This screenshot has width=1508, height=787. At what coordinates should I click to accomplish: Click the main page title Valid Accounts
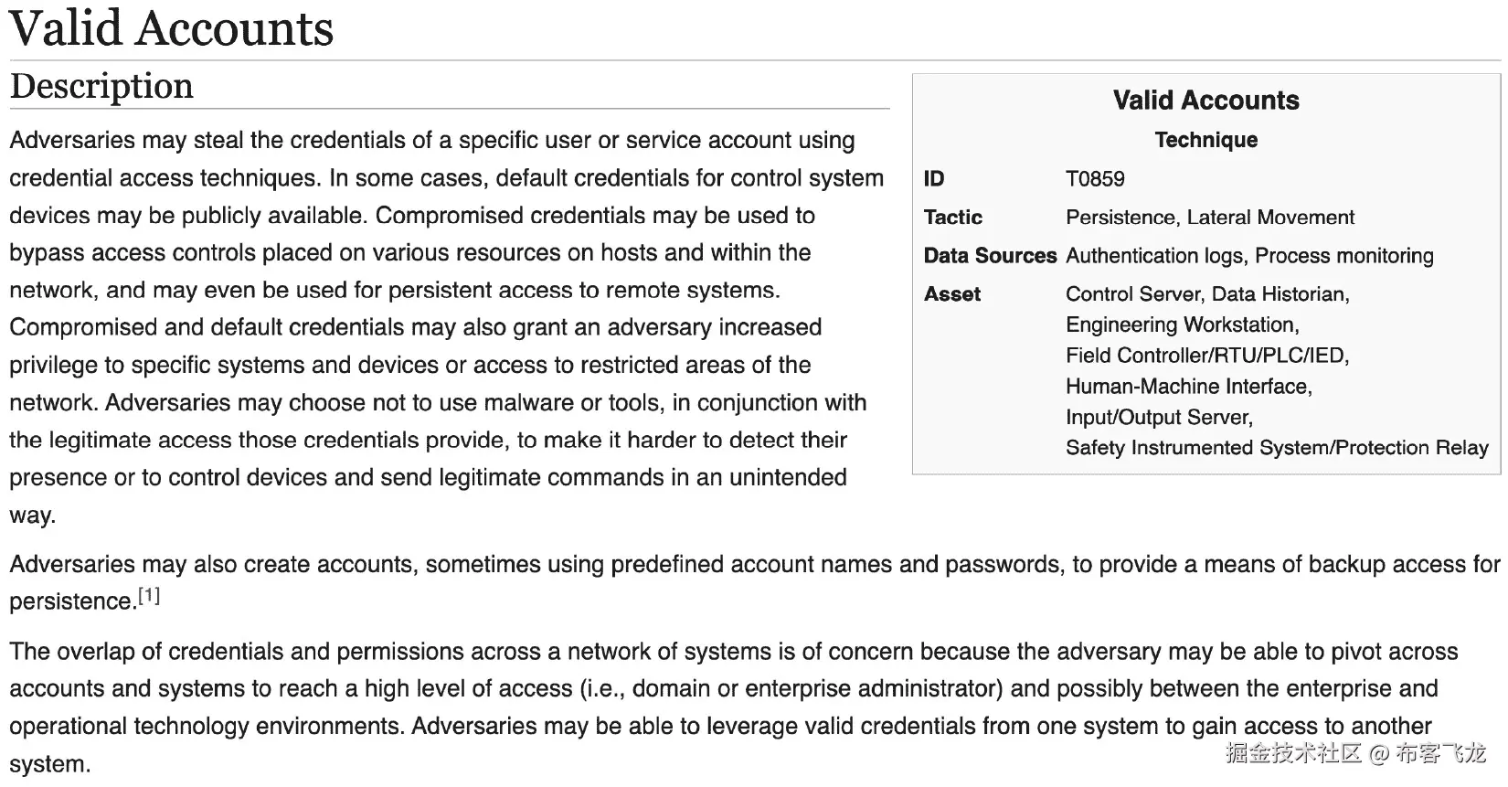coord(171,27)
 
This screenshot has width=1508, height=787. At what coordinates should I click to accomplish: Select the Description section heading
coord(101,86)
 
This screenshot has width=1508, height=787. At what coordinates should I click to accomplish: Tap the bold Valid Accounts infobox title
coord(1205,101)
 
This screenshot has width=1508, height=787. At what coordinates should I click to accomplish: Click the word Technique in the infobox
coord(1205,140)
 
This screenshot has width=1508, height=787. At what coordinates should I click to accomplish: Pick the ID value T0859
coord(1095,179)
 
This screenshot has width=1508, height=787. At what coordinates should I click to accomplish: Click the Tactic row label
coord(952,218)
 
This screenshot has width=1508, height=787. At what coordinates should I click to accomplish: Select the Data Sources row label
coord(990,256)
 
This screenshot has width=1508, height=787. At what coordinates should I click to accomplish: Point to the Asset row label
coord(951,294)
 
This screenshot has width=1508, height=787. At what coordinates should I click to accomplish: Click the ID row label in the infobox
coord(934,179)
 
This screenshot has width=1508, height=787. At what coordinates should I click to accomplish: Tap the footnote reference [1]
coord(149,596)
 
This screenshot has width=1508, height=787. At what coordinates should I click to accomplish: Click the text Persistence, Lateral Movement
coord(1210,218)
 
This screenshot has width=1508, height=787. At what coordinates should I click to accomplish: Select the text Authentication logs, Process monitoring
coord(1249,256)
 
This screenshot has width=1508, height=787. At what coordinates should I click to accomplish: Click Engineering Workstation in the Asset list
coord(1182,325)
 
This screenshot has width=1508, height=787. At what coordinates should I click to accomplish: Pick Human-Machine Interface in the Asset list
coord(1188,387)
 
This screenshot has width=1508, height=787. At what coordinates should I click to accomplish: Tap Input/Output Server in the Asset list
coord(1159,418)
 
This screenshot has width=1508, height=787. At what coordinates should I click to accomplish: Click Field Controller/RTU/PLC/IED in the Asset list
coord(1206,356)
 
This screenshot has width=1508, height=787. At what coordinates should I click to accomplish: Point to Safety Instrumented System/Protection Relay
coord(1277,448)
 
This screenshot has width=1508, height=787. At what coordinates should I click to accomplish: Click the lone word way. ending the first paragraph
coord(33,516)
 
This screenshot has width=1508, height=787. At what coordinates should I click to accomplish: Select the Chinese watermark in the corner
coord(1355,752)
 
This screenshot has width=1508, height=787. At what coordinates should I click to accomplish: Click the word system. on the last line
coord(50,764)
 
